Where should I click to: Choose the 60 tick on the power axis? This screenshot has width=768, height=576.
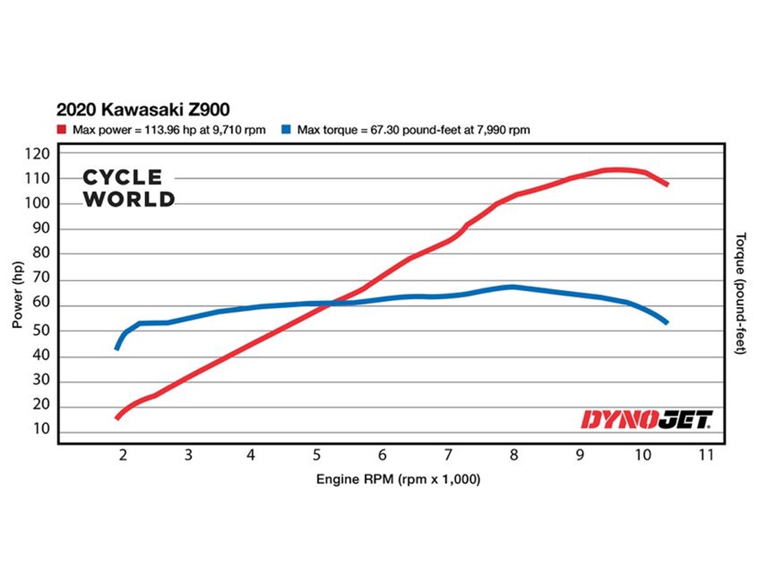pyautogui.click(x=42, y=306)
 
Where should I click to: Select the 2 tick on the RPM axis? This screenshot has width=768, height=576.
pyautogui.click(x=123, y=455)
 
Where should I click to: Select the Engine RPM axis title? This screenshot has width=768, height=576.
pyautogui.click(x=398, y=480)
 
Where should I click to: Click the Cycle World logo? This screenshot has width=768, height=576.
pyautogui.click(x=128, y=188)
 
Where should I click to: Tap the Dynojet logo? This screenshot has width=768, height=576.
pyautogui.click(x=647, y=419)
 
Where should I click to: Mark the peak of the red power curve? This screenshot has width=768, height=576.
pyautogui.click(x=614, y=170)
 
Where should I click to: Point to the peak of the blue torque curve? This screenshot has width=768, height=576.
pyautogui.click(x=512, y=287)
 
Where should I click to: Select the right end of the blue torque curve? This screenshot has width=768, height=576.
pyautogui.click(x=667, y=322)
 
